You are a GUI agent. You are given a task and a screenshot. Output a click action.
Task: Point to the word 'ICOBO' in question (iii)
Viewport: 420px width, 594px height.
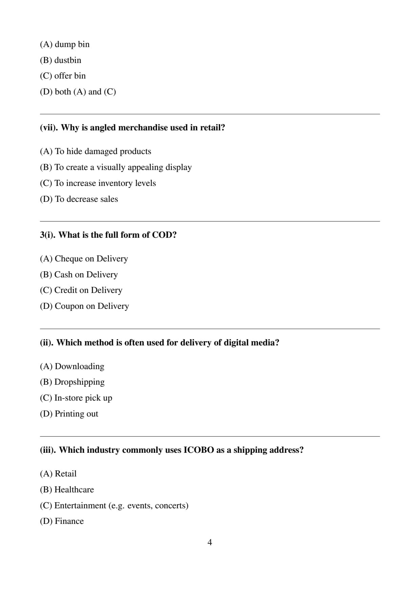point(199,450)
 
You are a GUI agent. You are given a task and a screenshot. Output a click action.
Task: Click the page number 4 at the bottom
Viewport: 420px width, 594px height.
point(210,543)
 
